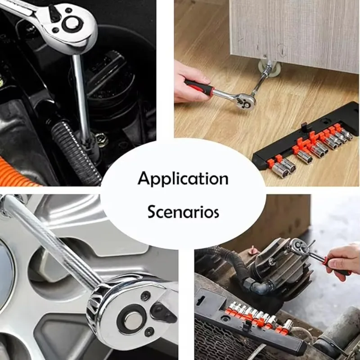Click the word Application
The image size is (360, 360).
[x=183, y=179]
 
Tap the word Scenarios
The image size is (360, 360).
[x=183, y=211]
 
